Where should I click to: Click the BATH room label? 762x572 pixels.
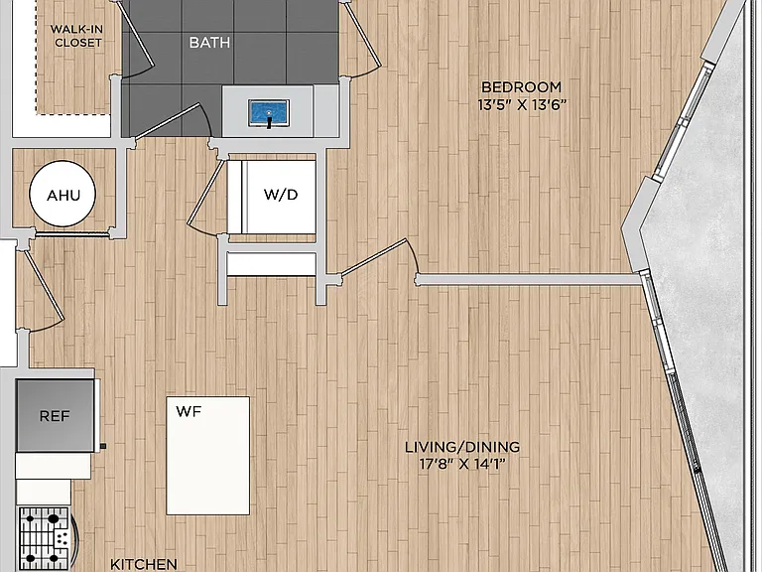[x=209, y=43]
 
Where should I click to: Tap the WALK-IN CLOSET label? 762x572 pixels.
[x=76, y=36]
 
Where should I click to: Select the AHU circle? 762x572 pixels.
[x=63, y=194]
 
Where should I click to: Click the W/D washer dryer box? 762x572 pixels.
[x=272, y=197]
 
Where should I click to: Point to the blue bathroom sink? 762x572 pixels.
[x=269, y=113]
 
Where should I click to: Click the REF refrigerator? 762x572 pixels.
[x=56, y=415]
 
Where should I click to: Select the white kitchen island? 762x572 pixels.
[x=208, y=456]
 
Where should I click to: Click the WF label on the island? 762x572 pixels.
[x=189, y=411]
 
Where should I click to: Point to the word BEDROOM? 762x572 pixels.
[x=522, y=87]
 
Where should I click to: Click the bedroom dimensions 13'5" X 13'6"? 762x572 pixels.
[x=522, y=105]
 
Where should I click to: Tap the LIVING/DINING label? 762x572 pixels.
[x=462, y=447]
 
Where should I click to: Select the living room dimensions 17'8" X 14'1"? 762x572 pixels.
[x=462, y=464]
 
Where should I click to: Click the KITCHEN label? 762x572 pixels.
[x=144, y=565]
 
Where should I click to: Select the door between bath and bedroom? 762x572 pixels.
[x=361, y=39]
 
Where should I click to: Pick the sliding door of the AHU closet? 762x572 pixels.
[x=71, y=234]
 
